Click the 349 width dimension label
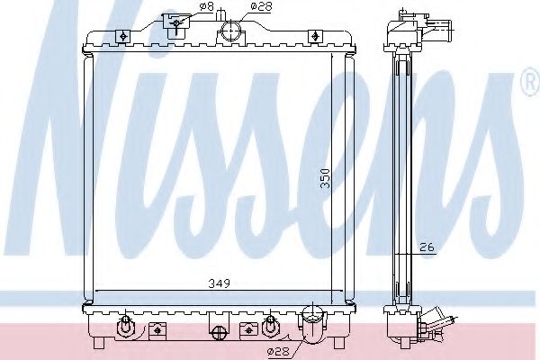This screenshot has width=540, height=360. coord(220,283)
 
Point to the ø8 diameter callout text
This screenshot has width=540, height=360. coord(206,6)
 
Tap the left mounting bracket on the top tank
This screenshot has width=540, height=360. coord(121,37)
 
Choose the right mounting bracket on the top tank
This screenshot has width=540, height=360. coord(313,37)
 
